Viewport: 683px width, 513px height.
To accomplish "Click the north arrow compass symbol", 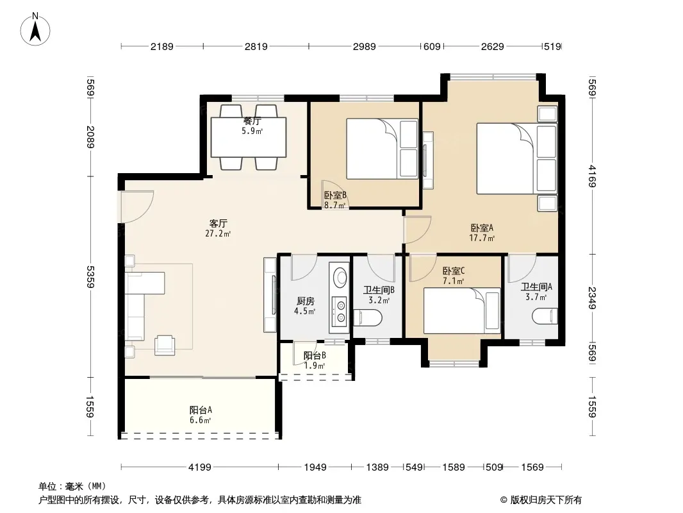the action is click(35, 29).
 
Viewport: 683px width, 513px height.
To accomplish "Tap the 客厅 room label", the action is click(218, 224).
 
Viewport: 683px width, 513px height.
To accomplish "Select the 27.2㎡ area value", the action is click(218, 233).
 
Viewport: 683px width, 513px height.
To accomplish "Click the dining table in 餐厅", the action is click(249, 137).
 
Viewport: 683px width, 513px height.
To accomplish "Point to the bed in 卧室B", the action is click(382, 148).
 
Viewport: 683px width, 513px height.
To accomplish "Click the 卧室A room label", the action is click(482, 228).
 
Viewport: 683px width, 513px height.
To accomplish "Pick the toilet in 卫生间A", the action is click(545, 316).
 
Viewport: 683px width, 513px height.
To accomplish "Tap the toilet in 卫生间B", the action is click(367, 317).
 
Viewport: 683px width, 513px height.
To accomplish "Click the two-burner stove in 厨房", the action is click(340, 311).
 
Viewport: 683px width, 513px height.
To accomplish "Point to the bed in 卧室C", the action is click(462, 310).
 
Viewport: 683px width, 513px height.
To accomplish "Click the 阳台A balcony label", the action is click(201, 410).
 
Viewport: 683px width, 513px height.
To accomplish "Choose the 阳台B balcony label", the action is click(315, 356).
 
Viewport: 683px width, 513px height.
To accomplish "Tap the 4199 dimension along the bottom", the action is click(199, 467).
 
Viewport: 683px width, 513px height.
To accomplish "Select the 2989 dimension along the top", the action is click(364, 46).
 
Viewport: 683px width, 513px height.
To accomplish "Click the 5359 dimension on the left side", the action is click(90, 277).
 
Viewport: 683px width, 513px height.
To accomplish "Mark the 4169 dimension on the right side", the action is click(592, 176).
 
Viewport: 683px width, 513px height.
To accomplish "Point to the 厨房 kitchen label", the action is click(306, 301).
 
